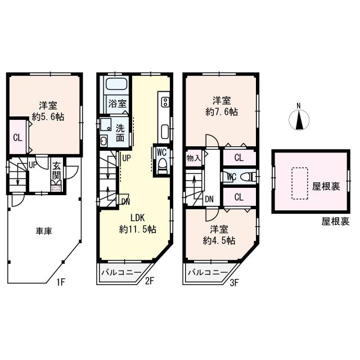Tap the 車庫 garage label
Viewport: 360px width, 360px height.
[44, 231]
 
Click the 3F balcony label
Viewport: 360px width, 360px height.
[208, 273]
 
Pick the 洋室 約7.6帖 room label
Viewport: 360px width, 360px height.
[221, 106]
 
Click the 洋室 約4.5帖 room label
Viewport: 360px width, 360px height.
[219, 235]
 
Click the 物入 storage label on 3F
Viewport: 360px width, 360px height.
[193, 158]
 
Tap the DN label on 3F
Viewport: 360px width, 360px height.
[209, 198]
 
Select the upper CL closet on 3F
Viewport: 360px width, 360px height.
[238, 158]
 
